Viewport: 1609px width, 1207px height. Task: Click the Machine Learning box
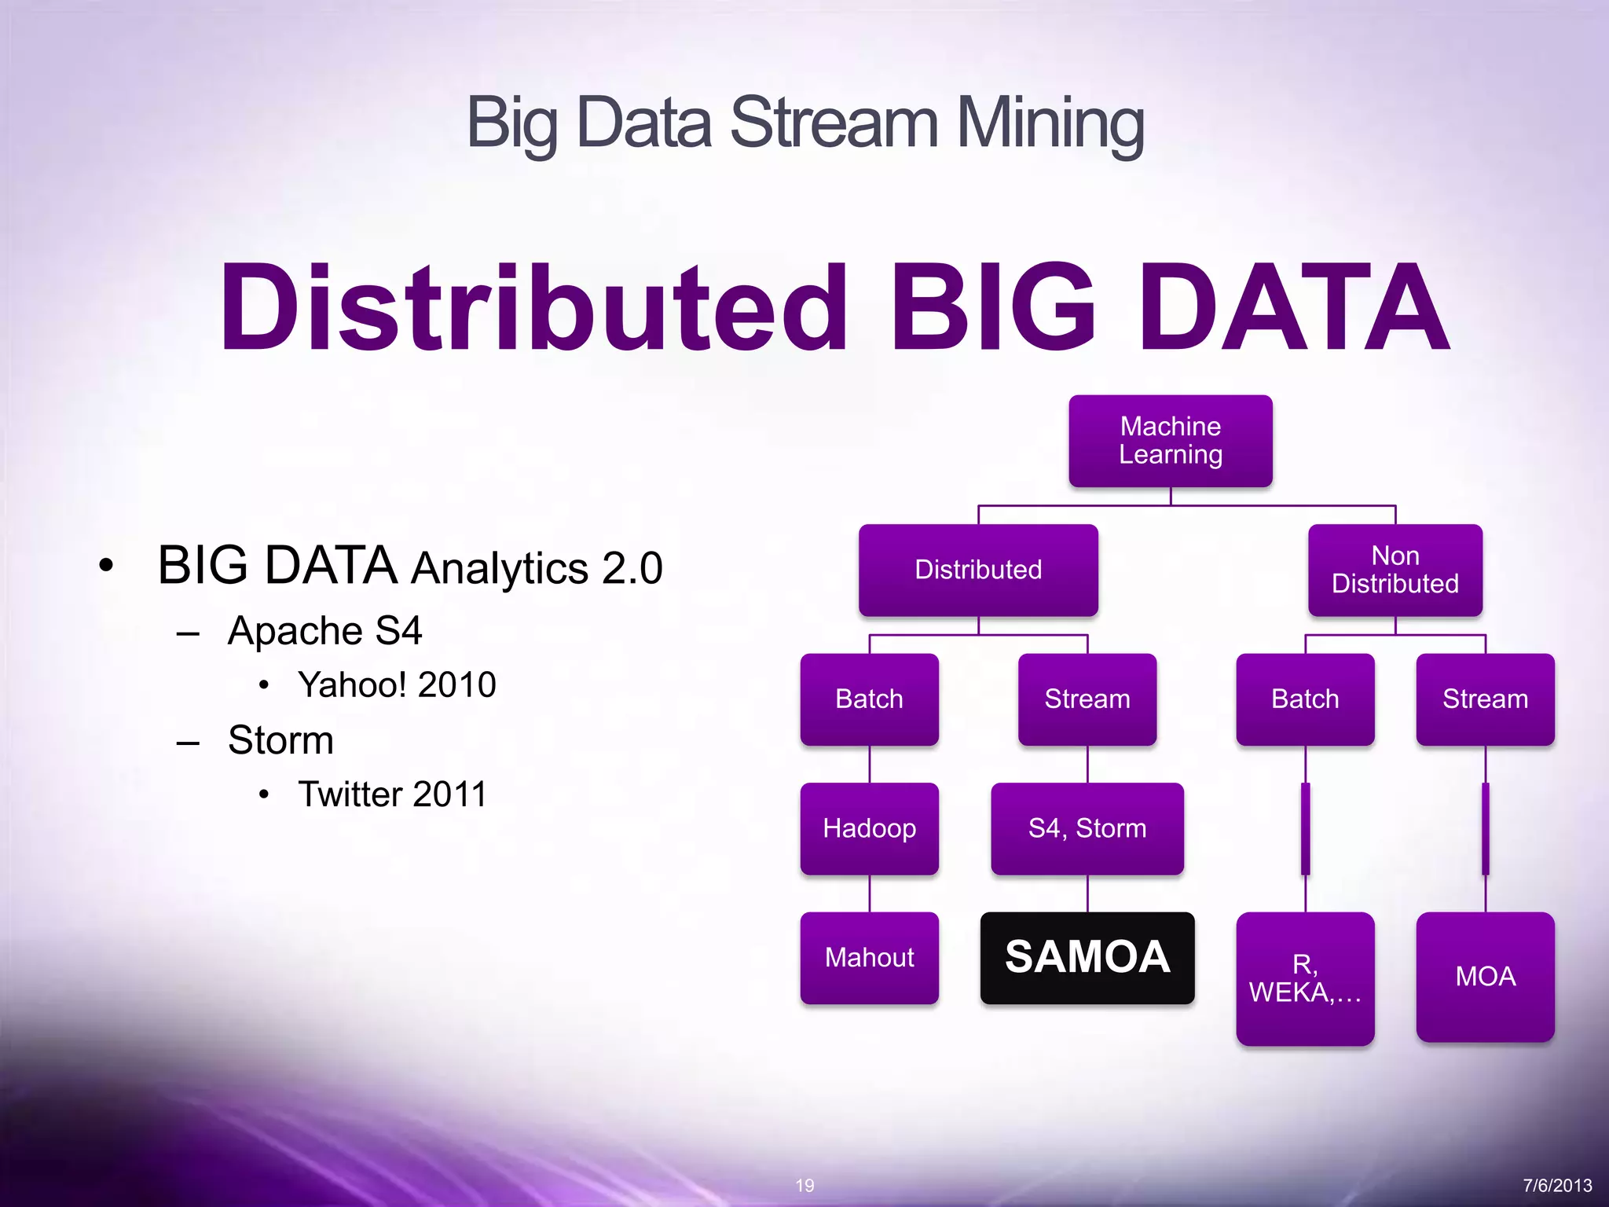point(1170,441)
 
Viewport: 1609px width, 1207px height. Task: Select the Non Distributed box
point(1395,570)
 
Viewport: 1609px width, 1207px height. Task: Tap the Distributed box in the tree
point(978,570)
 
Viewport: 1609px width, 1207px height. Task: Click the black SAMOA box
point(1087,957)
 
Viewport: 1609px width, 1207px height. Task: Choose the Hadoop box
point(869,828)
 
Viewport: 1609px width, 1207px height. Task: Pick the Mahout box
point(869,957)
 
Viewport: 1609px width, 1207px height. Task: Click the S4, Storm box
point(1087,828)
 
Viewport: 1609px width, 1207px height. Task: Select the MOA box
point(1485,977)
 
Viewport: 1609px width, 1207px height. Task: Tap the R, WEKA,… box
point(1305,978)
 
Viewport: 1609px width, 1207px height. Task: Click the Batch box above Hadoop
point(869,699)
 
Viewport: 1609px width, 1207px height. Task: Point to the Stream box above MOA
point(1485,699)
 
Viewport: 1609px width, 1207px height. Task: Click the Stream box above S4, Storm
point(1087,699)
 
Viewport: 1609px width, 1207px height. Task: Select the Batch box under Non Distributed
point(1305,699)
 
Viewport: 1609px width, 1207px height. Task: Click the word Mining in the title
point(1050,124)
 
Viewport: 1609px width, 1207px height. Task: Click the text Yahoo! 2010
point(397,684)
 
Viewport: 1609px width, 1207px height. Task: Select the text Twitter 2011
point(392,794)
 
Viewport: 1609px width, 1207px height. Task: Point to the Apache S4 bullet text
point(324,630)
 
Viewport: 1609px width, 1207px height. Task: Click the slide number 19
point(804,1185)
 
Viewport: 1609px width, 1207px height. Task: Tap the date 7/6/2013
point(1556,1185)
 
